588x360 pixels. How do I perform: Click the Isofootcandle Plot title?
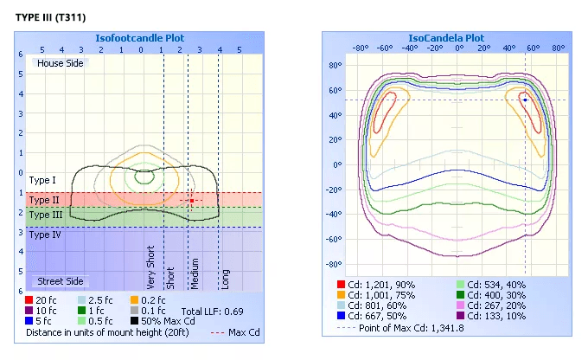click(x=139, y=38)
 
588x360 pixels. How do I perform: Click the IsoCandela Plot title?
click(x=446, y=38)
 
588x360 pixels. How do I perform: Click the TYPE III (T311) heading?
click(x=51, y=17)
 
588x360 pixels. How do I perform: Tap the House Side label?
click(x=60, y=63)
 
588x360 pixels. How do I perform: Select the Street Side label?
click(x=60, y=281)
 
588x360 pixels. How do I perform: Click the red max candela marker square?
click(x=192, y=201)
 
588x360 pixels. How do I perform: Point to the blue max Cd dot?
click(x=525, y=100)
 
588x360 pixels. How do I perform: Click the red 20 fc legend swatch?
click(x=29, y=300)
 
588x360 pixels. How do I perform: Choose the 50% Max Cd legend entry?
click(x=163, y=321)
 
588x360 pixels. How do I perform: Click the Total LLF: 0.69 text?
click(x=212, y=312)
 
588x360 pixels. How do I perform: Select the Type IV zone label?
click(x=45, y=235)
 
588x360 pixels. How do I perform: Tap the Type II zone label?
click(x=44, y=200)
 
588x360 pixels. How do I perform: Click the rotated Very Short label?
click(x=150, y=267)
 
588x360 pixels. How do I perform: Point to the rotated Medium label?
click(x=195, y=273)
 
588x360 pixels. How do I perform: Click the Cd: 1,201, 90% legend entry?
click(x=376, y=285)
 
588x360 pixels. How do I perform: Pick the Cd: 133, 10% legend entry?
click(x=491, y=316)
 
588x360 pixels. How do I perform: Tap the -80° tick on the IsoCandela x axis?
click(x=361, y=48)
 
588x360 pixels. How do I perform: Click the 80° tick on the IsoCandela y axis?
click(x=336, y=65)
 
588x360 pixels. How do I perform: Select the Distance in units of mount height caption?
click(x=107, y=332)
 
